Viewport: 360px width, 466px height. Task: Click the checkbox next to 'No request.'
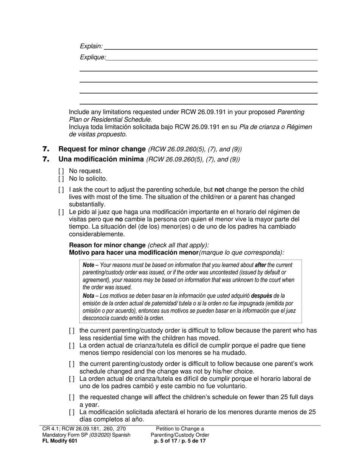pyautogui.click(x=61, y=171)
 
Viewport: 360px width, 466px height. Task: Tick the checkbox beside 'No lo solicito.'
pyautogui.click(x=61, y=179)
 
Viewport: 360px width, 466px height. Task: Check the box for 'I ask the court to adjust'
pyautogui.click(x=61, y=190)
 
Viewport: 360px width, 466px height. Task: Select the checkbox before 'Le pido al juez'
pyautogui.click(x=61, y=212)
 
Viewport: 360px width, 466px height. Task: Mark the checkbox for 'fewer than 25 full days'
pyautogui.click(x=72, y=397)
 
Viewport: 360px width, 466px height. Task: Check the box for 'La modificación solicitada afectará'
pyautogui.click(x=72, y=412)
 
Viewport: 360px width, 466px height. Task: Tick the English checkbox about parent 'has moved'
pyautogui.click(x=72, y=331)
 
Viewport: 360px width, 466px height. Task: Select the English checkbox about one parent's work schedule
pyautogui.click(x=72, y=364)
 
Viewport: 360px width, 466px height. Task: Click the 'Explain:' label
pyautogui.click(x=91, y=46)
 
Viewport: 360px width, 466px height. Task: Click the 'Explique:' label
pyautogui.click(x=93, y=57)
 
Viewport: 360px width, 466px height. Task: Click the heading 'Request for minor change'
pyautogui.click(x=102, y=149)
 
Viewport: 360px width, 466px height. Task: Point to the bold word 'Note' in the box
pyautogui.click(x=88, y=265)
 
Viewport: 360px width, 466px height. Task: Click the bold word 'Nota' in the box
pyautogui.click(x=88, y=296)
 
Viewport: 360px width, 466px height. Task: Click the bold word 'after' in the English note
pyautogui.click(x=260, y=265)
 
